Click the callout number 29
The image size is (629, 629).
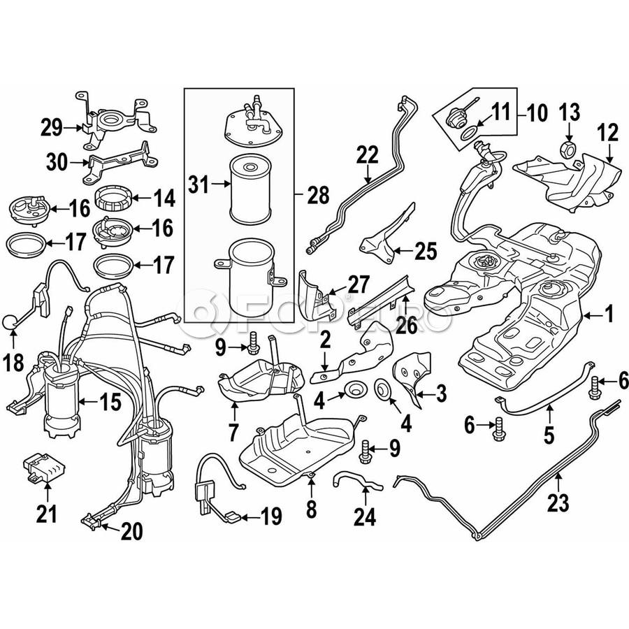point(52,129)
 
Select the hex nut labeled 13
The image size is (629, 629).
point(567,149)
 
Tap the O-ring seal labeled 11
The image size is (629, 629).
point(468,133)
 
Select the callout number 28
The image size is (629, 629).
point(319,195)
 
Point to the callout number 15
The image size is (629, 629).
point(110,402)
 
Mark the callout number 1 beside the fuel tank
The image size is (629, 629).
point(609,314)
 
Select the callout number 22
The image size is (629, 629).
point(367,154)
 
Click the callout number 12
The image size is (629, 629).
point(609,133)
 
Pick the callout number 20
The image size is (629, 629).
point(131,532)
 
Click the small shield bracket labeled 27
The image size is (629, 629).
point(317,294)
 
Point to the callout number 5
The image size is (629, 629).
point(548,435)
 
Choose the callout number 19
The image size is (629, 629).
point(271,516)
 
